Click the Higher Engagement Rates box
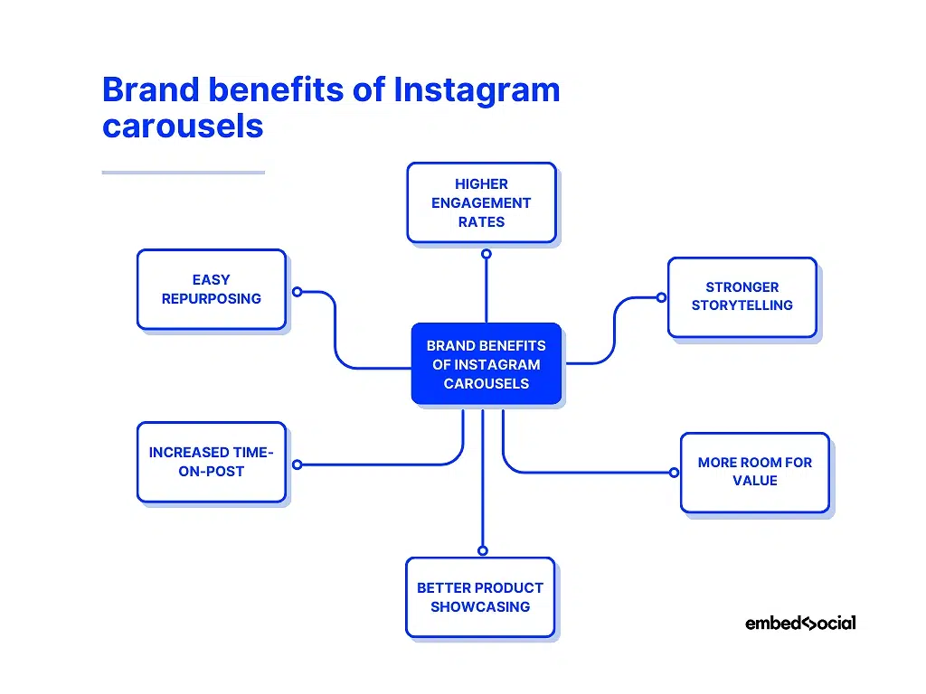[481, 202]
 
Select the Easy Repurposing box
[211, 289]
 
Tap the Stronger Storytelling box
[742, 296]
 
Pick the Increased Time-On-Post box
[211, 462]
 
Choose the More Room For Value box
[754, 472]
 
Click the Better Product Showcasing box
[480, 597]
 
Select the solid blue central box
[487, 363]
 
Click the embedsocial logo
[800, 623]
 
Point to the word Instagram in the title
[477, 90]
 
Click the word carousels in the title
[183, 126]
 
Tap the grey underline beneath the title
[183, 172]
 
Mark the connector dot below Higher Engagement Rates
[487, 255]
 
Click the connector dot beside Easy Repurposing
[297, 292]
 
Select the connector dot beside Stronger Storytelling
[661, 297]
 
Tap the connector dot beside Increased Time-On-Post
[297, 464]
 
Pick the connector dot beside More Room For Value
[673, 473]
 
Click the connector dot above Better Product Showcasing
[482, 550]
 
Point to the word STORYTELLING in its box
[742, 305]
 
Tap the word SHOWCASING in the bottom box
[480, 607]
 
